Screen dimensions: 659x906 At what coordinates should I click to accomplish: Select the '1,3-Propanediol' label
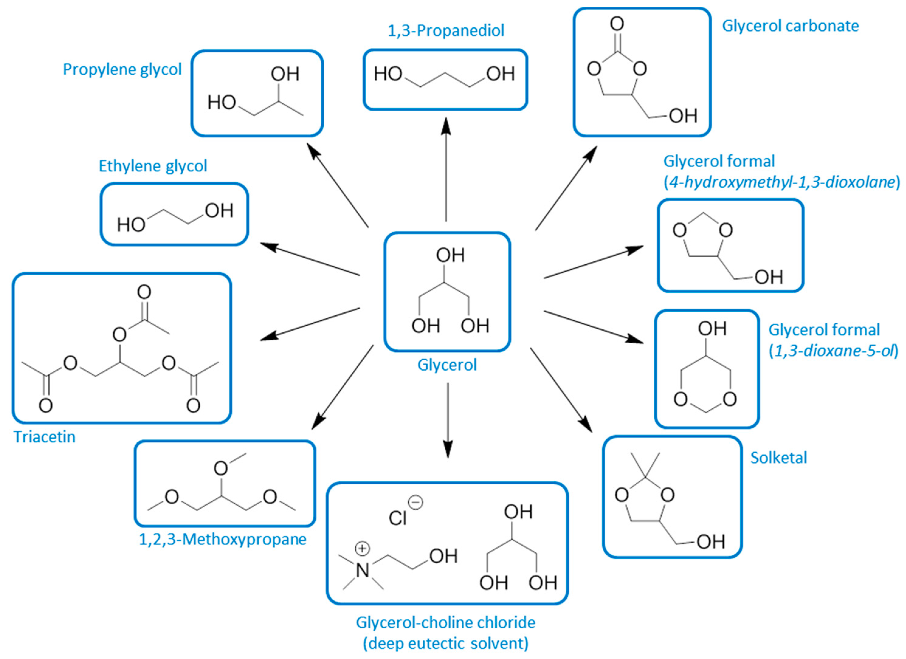point(446,31)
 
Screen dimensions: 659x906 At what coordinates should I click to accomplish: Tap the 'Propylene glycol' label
point(122,70)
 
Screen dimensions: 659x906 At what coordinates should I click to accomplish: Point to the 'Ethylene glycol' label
point(153,166)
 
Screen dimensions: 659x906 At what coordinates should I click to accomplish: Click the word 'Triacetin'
point(44,437)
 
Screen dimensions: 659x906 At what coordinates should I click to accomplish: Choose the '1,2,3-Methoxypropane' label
point(222,539)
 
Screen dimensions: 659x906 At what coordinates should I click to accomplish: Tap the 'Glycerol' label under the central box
point(447,365)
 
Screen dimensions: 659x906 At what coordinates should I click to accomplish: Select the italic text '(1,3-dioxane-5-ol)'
point(833,351)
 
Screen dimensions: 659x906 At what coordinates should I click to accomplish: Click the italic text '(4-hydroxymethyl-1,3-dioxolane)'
point(782,182)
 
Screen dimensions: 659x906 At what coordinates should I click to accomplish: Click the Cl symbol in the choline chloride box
point(398,518)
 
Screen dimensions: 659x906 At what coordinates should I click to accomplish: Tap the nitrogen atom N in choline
point(362,570)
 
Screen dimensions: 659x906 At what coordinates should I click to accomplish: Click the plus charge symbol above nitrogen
point(362,548)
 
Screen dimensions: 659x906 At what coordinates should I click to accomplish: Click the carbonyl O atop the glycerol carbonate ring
point(617,24)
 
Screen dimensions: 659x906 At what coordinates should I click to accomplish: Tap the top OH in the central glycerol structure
point(450,255)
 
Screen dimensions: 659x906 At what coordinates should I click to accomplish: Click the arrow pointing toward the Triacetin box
point(310,324)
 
